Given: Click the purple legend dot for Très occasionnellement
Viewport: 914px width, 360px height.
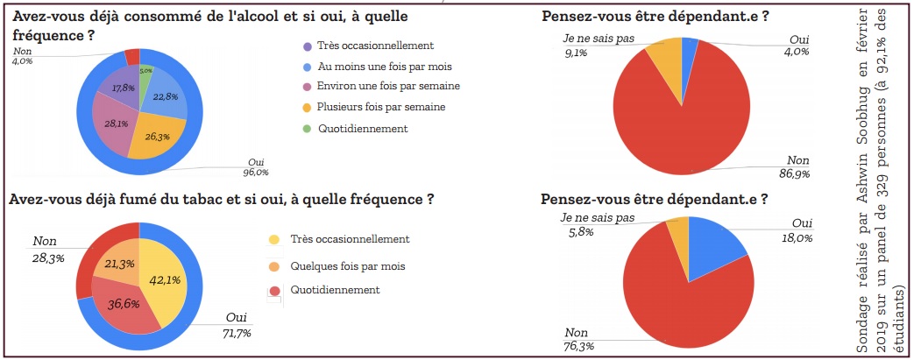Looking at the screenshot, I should pyautogui.click(x=306, y=46).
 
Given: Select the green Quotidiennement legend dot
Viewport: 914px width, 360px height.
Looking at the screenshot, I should pyautogui.click(x=306, y=128).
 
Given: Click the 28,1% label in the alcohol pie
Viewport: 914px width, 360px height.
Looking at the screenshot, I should pyautogui.click(x=116, y=123).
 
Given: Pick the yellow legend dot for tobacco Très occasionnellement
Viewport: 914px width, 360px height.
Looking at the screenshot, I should pyautogui.click(x=275, y=239).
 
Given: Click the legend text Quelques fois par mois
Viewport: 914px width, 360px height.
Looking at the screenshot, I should pyautogui.click(x=348, y=266).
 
